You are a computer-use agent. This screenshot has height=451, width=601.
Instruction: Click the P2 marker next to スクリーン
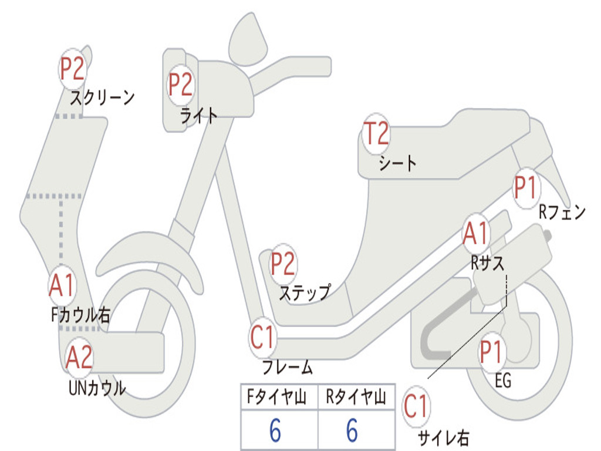[73, 69]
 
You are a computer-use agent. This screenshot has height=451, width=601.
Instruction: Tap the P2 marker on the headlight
[181, 84]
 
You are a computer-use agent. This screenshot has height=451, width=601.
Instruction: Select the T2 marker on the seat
[376, 134]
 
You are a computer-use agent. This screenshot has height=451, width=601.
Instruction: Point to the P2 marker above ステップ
[283, 265]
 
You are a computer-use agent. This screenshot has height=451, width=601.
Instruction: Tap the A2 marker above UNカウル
[79, 358]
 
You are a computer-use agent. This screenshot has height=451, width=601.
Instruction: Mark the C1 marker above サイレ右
[416, 406]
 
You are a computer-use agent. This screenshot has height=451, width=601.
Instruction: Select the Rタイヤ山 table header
[356, 398]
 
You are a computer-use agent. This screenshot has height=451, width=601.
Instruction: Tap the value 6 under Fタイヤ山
[275, 430]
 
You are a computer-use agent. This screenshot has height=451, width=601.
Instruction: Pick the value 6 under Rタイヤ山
[352, 430]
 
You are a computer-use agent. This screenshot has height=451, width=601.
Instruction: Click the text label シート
[397, 163]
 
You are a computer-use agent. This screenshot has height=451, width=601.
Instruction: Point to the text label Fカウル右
[80, 315]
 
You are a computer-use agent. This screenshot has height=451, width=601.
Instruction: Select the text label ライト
[199, 116]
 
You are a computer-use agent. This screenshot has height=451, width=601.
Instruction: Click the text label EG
[503, 381]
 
